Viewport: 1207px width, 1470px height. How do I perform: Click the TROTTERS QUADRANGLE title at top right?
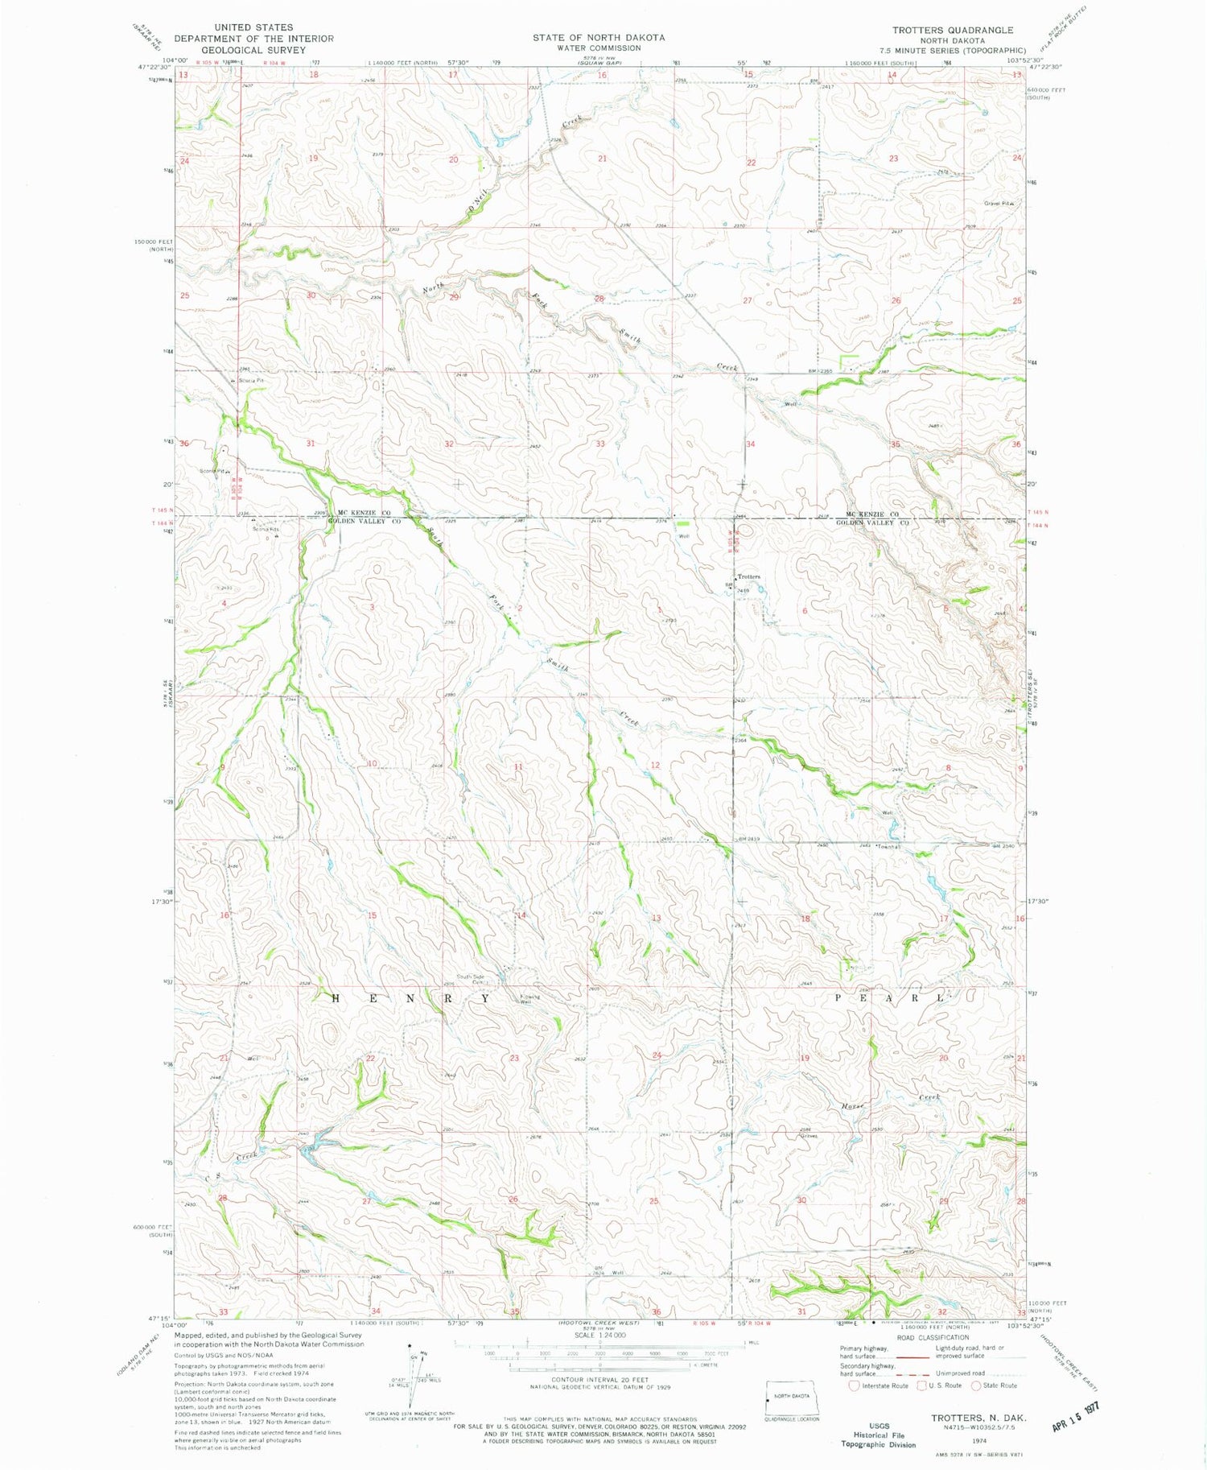952,30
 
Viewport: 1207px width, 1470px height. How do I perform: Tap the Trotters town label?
748,576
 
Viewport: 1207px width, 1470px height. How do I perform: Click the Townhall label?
888,847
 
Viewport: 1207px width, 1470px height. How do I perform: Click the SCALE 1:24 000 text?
599,1335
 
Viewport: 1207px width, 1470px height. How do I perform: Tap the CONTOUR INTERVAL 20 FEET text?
599,1378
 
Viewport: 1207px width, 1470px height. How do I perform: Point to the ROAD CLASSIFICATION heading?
932,1337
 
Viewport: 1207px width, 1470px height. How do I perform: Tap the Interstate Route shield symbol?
854,1385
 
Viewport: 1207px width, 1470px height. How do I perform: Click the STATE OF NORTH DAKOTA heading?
599,37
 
